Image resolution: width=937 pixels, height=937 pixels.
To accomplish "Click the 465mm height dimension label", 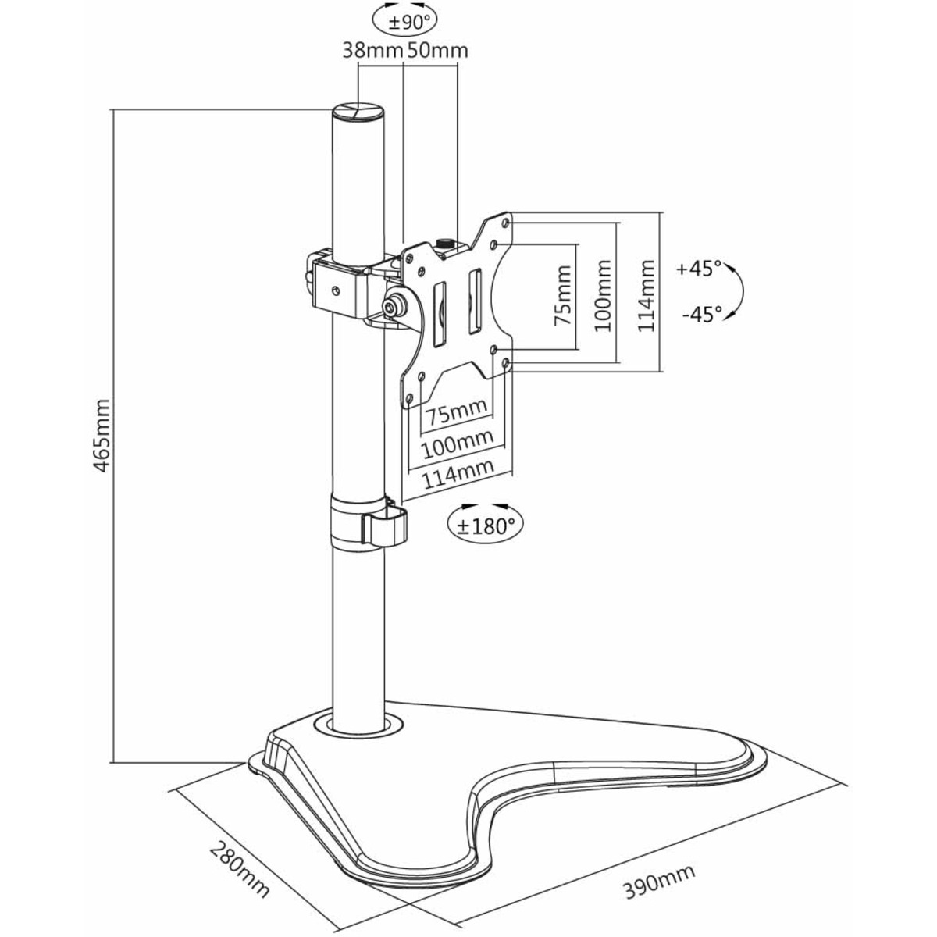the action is pyautogui.click(x=102, y=436).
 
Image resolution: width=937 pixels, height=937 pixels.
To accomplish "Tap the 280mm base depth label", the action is pyautogui.click(x=239, y=821).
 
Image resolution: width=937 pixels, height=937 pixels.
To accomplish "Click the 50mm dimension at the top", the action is pyautogui.click(x=437, y=51).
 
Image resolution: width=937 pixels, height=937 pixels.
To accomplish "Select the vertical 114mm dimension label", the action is pyautogui.click(x=646, y=296).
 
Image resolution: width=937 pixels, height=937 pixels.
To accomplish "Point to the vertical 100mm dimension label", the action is pyautogui.click(x=603, y=296).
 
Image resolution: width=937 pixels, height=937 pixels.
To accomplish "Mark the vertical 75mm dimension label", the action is pyautogui.click(x=562, y=296).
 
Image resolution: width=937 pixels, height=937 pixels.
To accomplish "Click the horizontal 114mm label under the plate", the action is pyautogui.click(x=458, y=474).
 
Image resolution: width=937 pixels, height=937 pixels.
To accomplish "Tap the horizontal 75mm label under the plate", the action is pyautogui.click(x=456, y=412).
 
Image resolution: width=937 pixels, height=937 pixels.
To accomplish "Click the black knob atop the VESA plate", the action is pyautogui.click(x=444, y=243).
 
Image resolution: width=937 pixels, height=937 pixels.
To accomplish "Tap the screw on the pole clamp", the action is pyautogui.click(x=334, y=290).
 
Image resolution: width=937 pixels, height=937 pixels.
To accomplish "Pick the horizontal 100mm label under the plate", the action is pyautogui.click(x=457, y=444).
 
